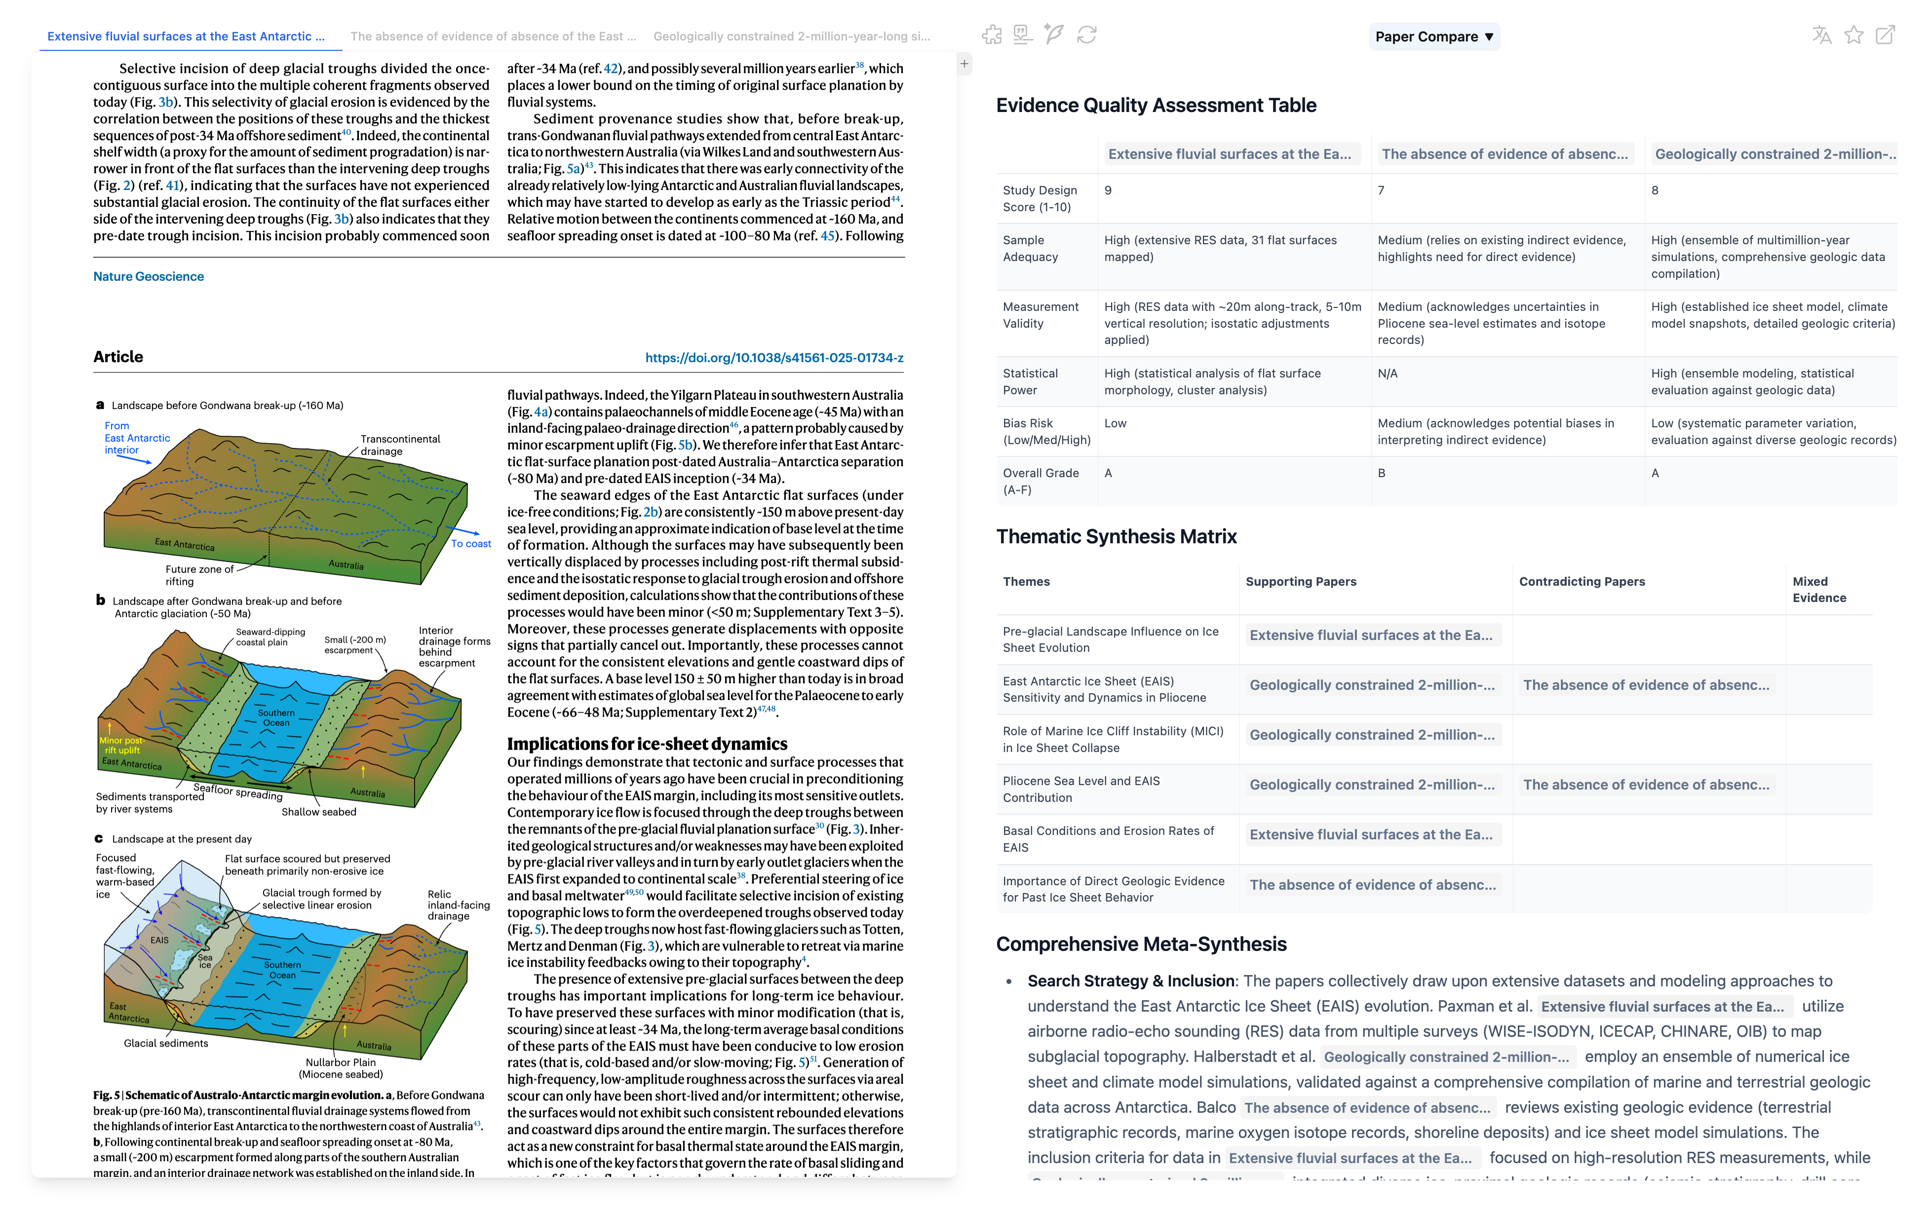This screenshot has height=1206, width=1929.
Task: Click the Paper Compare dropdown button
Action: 1433,37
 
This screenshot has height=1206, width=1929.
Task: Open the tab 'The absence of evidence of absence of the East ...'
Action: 493,37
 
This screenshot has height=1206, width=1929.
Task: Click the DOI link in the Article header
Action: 774,358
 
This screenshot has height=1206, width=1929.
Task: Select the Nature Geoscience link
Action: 149,277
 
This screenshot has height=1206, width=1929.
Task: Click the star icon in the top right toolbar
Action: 1853,35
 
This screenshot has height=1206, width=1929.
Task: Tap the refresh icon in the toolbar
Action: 1086,35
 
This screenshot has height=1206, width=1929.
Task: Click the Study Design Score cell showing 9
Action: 1108,190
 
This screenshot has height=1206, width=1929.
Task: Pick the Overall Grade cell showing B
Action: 1382,474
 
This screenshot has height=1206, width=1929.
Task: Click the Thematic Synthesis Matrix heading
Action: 1116,537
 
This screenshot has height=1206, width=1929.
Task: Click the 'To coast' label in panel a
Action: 471,544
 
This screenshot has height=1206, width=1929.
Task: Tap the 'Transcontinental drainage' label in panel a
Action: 400,445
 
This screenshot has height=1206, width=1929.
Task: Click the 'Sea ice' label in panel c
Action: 205,961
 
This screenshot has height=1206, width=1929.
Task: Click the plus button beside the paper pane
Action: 964,64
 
